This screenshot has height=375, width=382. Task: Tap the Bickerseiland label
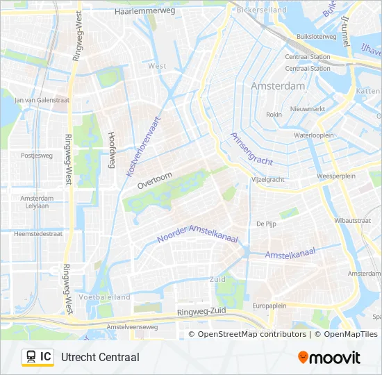[x=260, y=11]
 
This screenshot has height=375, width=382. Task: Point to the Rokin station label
[x=274, y=115]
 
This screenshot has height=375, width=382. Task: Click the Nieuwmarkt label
[x=307, y=109]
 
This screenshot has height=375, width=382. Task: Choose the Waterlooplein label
[x=314, y=135]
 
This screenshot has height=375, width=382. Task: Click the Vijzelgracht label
[x=267, y=179]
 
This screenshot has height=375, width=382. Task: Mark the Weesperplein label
[x=335, y=176]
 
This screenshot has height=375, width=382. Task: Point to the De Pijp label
[x=266, y=224]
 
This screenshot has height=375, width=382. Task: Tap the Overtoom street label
[x=153, y=181]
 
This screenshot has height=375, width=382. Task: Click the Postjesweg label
[x=37, y=156]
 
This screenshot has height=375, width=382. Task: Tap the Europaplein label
[x=269, y=306]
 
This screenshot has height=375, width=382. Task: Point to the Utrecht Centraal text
[x=100, y=357]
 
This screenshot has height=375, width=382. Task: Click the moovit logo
[x=329, y=358]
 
